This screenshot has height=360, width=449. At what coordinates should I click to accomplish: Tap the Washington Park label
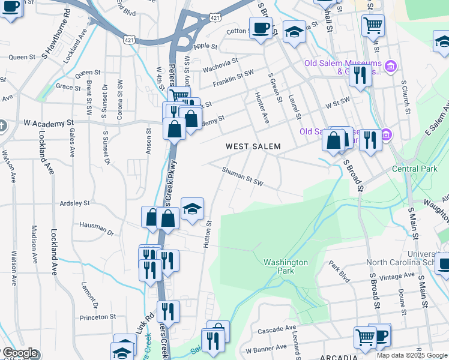(286, 266)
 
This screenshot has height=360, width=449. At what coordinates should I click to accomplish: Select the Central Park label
(415, 169)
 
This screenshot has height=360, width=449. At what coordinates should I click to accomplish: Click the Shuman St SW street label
(243, 175)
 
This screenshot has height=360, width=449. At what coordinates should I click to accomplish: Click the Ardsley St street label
(74, 203)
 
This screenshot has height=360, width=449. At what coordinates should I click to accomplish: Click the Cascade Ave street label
(277, 330)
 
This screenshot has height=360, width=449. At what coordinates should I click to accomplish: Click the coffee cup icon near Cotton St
(261, 28)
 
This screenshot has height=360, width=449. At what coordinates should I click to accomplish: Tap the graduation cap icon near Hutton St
(192, 209)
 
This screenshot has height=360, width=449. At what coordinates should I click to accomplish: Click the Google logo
(19, 353)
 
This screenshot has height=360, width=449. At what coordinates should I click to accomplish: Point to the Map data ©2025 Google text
(411, 355)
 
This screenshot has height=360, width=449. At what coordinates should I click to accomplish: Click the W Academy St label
(43, 122)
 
